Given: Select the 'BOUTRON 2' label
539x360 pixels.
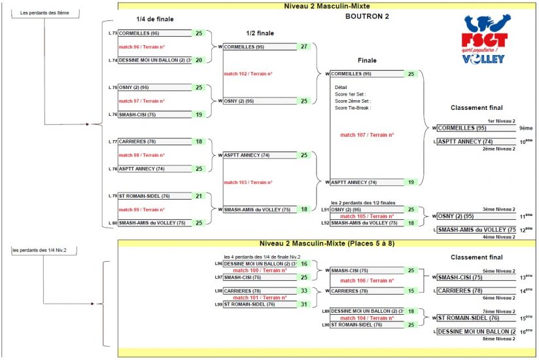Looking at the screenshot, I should [367, 16].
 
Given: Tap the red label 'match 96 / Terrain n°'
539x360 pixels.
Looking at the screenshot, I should [141, 46].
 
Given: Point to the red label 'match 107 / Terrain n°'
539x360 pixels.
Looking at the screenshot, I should [367, 135].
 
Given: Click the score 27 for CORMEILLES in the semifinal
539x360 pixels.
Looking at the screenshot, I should [304, 46].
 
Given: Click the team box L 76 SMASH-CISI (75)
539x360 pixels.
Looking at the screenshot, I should [155, 115].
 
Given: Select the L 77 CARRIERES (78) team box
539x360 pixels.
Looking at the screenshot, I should [155, 141].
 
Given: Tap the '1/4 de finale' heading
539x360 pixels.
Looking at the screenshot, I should [155, 19].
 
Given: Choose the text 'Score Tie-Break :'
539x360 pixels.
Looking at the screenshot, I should [353, 108].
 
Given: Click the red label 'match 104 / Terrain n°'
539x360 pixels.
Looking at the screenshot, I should [367, 318].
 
